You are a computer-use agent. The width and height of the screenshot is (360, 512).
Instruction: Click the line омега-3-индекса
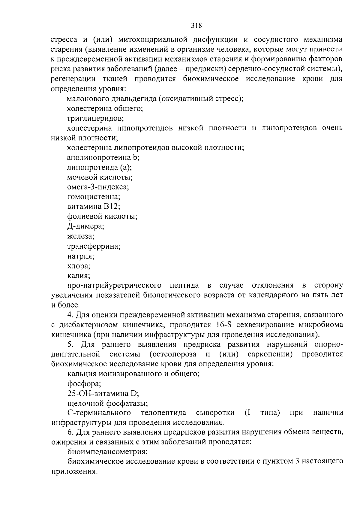coord(98,187)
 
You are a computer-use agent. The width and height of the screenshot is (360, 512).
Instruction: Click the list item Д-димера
coord(85,226)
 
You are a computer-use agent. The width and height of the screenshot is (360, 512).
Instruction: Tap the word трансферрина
coord(94,247)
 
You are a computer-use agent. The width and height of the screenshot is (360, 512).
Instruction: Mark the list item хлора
coord(79,266)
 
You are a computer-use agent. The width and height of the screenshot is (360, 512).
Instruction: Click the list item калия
coord(79,276)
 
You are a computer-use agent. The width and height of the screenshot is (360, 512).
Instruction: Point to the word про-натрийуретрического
coord(114,285)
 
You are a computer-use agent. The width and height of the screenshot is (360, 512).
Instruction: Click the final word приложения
coord(74,471)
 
